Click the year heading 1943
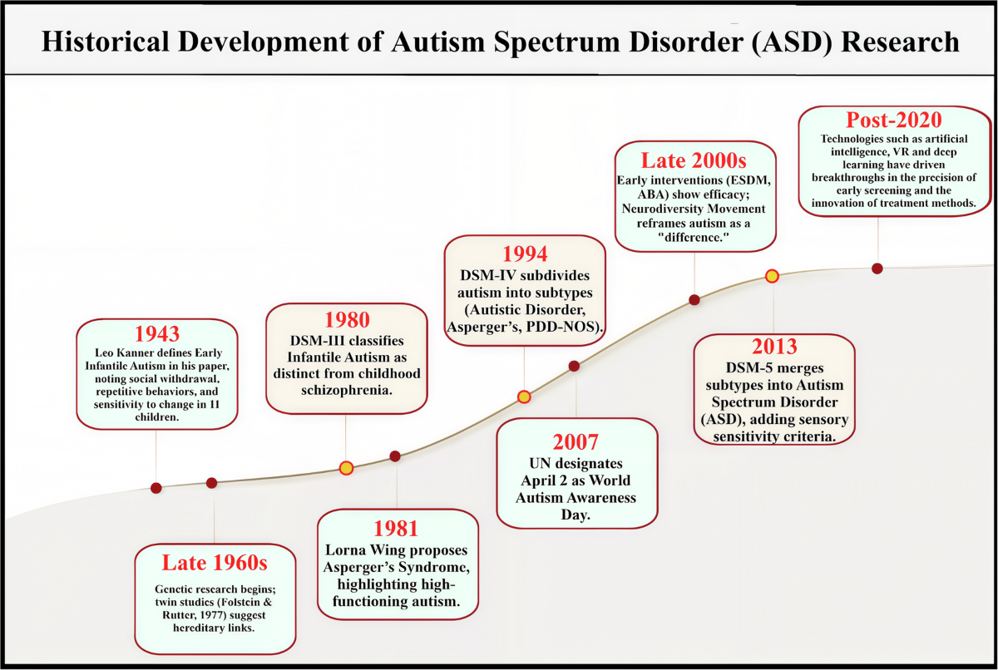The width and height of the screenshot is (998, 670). tap(157, 333)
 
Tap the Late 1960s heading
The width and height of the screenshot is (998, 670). tap(215, 563)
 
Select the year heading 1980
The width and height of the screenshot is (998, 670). tap(347, 320)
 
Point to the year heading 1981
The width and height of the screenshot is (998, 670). tap(396, 529)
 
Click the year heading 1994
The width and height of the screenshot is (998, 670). tap(525, 254)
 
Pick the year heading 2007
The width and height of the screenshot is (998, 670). tap(576, 442)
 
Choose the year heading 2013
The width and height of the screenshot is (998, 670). tap(774, 347)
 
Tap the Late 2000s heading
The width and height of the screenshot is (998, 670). tap(694, 160)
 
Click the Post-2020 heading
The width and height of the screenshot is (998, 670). tap(894, 120)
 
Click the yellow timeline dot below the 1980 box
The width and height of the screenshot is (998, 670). tap(346, 468)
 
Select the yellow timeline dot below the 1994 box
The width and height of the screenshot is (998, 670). tap(524, 397)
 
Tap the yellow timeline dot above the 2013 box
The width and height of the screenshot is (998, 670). tap(772, 276)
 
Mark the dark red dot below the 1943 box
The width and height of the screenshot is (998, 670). tap(156, 488)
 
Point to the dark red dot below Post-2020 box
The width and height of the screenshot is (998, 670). tap(877, 268)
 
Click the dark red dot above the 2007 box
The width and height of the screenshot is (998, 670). tap(574, 366)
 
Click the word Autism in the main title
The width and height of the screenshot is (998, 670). tap(438, 42)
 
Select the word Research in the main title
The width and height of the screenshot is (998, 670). tap(900, 42)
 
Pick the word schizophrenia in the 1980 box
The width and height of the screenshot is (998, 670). tap(347, 391)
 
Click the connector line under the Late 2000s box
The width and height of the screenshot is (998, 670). tap(694, 273)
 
